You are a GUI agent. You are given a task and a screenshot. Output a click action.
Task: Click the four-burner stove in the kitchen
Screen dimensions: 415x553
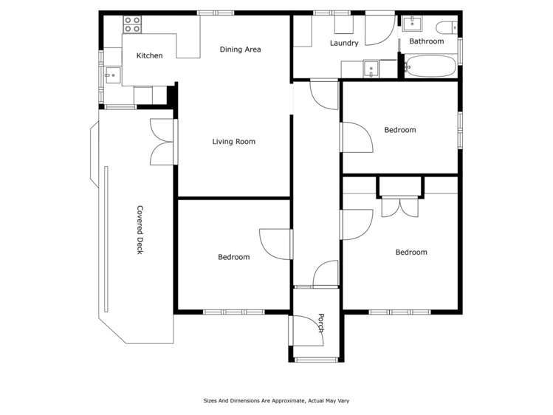(x=132, y=24)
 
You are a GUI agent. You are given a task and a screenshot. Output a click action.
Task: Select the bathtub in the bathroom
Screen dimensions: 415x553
(x=431, y=69)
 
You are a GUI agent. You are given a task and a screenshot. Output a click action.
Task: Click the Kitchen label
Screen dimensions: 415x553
(x=149, y=56)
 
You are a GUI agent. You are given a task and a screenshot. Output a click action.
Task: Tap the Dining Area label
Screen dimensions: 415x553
(x=241, y=49)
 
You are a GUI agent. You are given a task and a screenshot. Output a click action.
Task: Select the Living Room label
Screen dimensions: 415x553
(x=233, y=142)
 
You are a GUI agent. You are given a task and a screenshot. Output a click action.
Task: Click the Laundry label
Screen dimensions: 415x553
(x=344, y=44)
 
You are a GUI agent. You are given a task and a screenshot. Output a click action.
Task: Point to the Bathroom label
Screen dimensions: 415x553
(x=427, y=42)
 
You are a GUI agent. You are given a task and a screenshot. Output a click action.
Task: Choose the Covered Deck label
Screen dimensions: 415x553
(x=139, y=230)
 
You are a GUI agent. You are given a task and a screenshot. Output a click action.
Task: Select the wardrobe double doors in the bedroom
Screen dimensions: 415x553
(x=400, y=207)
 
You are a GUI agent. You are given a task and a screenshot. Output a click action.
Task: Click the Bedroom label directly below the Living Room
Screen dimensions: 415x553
(x=233, y=257)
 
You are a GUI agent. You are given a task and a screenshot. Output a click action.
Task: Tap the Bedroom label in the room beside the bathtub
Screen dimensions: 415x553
(x=400, y=130)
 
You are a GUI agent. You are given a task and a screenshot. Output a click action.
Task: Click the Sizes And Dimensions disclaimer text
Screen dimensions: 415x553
(x=276, y=401)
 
